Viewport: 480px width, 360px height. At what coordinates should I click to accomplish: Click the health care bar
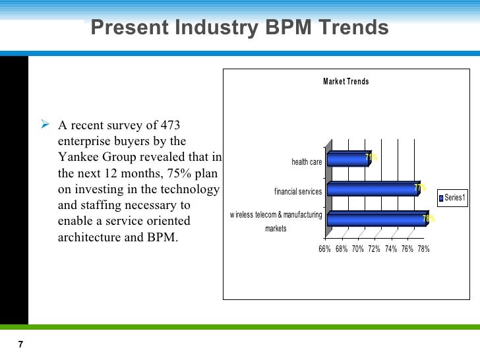(x=347, y=160)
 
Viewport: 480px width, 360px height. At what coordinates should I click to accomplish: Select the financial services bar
(x=372, y=190)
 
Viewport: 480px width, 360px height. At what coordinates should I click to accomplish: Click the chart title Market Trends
(x=345, y=82)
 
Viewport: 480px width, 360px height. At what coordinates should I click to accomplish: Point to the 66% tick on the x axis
(x=324, y=249)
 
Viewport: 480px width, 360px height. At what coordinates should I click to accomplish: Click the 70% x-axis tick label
(x=358, y=249)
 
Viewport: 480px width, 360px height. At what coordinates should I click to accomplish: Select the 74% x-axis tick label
(x=391, y=249)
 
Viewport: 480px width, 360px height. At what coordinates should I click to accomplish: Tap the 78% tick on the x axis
(x=423, y=249)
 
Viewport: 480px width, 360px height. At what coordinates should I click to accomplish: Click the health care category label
(x=307, y=162)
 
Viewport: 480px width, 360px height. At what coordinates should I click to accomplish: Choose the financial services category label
(x=298, y=192)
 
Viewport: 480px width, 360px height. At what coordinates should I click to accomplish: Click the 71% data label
(x=371, y=157)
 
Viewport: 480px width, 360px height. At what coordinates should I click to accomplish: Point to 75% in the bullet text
(x=164, y=173)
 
